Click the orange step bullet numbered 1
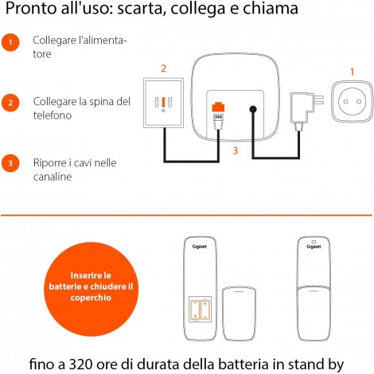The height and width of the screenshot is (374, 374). coord(10,42)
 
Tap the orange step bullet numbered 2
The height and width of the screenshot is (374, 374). coord(10,103)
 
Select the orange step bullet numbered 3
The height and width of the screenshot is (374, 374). coord(10,163)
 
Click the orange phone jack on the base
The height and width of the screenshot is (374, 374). coord(218,107)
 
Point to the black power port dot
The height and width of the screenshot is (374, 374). coord(253,109)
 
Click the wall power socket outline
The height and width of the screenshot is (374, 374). coord(352,101)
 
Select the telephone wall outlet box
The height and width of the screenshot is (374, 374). coord(163,103)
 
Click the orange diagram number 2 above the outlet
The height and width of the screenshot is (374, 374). coord(163,68)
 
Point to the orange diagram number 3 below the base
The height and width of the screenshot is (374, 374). coord(236,150)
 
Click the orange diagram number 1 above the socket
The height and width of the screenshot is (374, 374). coord(352,72)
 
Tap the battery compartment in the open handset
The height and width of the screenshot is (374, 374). coord(200,309)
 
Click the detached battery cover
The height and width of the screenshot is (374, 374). coord(239,314)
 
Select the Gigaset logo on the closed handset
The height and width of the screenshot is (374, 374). coord(314,247)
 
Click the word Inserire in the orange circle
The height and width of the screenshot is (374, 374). coord(91,275)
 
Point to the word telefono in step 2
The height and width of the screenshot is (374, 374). coord(53,115)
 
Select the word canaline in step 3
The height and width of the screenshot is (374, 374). coord(53,177)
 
